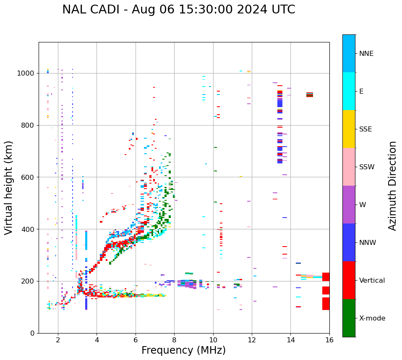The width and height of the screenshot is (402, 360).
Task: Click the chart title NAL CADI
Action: [178, 10]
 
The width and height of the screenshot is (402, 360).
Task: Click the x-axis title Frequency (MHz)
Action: [183, 350]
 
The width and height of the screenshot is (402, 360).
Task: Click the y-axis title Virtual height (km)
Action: [9, 188]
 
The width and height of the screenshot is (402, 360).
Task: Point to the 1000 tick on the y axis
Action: [26, 73]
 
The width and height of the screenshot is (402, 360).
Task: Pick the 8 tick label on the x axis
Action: [174, 340]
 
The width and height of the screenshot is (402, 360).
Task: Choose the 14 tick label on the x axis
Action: [290, 340]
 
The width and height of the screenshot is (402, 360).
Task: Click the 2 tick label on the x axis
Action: [58, 340]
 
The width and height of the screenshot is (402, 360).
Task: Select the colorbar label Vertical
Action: [372, 281]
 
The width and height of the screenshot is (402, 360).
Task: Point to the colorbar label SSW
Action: [367, 167]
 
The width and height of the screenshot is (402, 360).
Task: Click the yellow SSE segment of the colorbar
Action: [349, 129]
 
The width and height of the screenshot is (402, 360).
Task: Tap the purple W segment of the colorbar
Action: [349, 205]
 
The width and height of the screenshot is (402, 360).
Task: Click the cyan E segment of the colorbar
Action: [349, 91]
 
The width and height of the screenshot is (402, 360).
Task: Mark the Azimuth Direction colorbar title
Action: [392, 186]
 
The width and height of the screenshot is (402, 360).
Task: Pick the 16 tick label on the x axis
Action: [329, 340]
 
